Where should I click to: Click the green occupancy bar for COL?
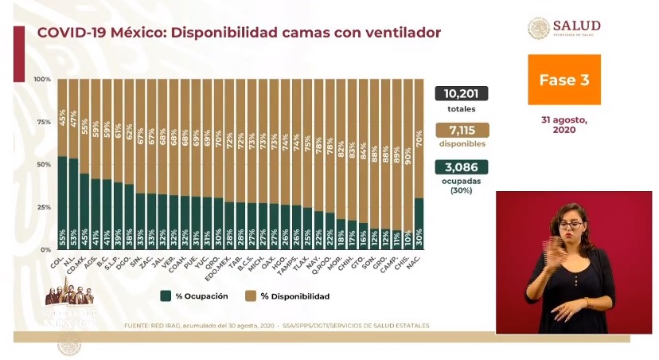pyautogui.click(x=62, y=203)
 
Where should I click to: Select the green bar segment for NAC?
pyautogui.click(x=419, y=224)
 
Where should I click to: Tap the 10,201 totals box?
pyautogui.click(x=461, y=93)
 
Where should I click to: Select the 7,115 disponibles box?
pyautogui.click(x=461, y=130)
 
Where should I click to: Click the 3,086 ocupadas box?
pyautogui.click(x=461, y=167)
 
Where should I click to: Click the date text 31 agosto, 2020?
pyautogui.click(x=564, y=124)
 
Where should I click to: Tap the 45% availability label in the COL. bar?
pyautogui.click(x=62, y=118)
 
